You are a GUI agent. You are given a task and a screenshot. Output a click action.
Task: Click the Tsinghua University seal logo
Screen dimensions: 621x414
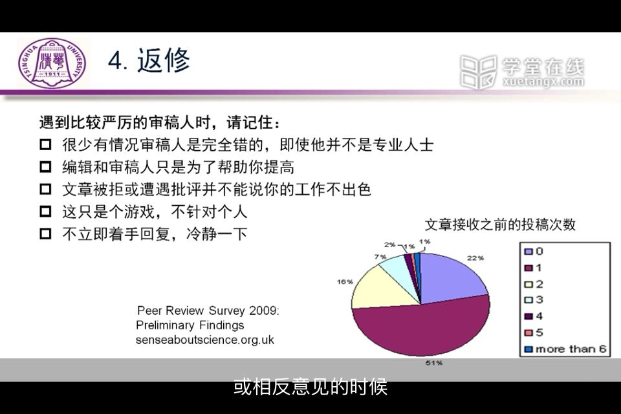52,63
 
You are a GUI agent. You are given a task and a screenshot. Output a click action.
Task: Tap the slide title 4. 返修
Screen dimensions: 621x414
149,61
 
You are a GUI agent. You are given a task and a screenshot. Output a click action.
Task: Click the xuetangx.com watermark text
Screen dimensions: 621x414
543,82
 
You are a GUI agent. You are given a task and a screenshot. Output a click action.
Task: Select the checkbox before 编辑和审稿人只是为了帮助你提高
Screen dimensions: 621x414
45,167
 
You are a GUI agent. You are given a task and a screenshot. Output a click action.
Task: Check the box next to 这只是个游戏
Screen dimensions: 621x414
45,212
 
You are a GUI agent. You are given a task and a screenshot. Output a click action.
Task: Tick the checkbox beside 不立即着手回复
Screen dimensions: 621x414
45,234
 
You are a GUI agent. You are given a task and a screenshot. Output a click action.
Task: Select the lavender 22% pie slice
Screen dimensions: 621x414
452,278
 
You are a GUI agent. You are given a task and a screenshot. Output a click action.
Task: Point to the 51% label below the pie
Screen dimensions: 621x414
434,363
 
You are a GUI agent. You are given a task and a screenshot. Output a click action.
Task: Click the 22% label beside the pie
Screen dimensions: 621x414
475,258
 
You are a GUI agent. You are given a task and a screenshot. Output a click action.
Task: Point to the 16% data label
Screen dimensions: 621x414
345,281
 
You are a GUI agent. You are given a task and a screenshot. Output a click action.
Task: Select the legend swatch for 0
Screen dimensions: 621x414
528,251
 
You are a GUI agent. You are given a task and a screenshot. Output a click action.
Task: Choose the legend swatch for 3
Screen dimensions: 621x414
528,300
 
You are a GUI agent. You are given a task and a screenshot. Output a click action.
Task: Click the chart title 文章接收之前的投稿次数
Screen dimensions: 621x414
500,224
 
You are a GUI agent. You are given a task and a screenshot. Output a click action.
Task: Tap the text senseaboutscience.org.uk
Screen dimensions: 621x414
205,340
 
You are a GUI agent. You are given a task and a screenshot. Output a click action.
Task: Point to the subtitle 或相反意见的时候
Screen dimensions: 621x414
310,387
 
